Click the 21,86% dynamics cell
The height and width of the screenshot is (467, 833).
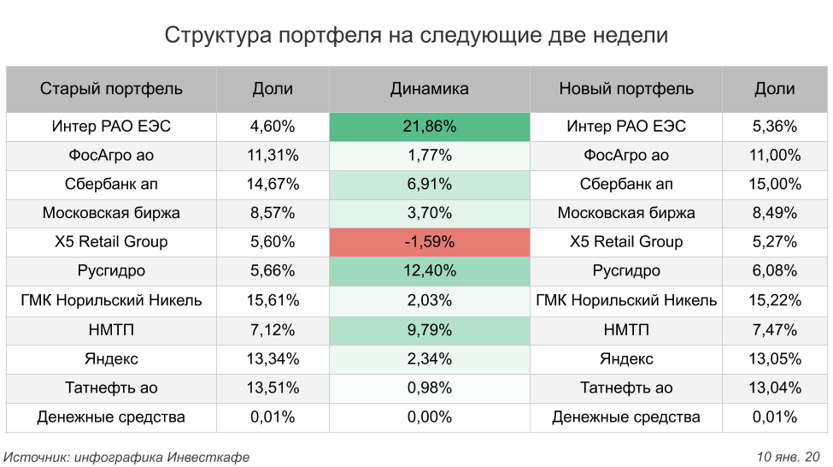click(x=429, y=127)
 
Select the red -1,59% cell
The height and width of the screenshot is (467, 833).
click(x=429, y=242)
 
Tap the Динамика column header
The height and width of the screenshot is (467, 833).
click(x=429, y=89)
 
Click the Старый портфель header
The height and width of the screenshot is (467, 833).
click(x=111, y=89)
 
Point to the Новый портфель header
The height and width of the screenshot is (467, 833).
click(x=625, y=89)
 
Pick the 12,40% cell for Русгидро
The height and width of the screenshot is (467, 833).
click(x=429, y=271)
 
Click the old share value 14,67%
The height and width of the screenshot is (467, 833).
click(x=273, y=184)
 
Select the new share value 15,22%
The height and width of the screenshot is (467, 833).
click(x=775, y=300)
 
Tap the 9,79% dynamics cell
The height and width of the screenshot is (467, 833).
click(x=429, y=329)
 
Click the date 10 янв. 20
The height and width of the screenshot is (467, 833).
click(x=788, y=458)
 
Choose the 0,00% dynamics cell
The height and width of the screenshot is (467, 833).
click(x=429, y=417)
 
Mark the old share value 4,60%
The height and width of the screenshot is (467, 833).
click(x=273, y=127)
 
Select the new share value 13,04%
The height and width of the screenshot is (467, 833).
click(x=775, y=388)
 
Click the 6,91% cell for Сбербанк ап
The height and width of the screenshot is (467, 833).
click(x=429, y=184)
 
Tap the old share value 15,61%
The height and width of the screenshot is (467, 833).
click(x=273, y=300)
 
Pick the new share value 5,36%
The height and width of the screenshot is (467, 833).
click(x=775, y=127)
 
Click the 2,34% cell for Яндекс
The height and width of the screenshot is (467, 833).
click(x=429, y=359)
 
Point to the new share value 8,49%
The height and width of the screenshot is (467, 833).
click(x=775, y=213)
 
